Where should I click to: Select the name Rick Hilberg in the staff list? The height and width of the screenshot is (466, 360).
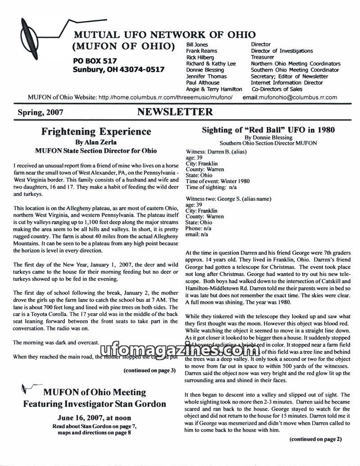[200, 57]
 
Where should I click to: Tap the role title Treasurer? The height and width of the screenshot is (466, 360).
[262, 57]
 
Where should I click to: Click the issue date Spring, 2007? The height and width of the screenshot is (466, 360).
[40, 112]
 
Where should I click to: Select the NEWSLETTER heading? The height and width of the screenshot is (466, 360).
[175, 112]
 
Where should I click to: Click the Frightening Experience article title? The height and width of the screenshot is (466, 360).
[96, 131]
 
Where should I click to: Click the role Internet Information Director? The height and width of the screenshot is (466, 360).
[287, 82]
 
